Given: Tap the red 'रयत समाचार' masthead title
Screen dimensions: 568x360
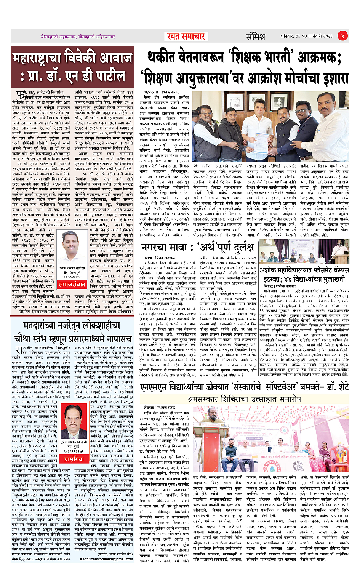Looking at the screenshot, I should pos(186,36).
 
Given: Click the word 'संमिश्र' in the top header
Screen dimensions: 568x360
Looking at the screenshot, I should pos(255,37).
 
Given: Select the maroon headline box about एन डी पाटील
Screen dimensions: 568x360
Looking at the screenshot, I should pos(73,67).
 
